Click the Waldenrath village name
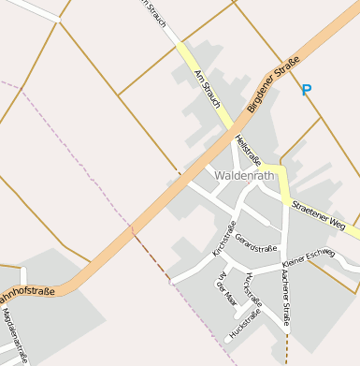coord(244,175)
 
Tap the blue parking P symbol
coord(306,91)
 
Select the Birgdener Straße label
coord(273,85)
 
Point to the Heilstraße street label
coord(249,150)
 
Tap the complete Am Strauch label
coord(206,87)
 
